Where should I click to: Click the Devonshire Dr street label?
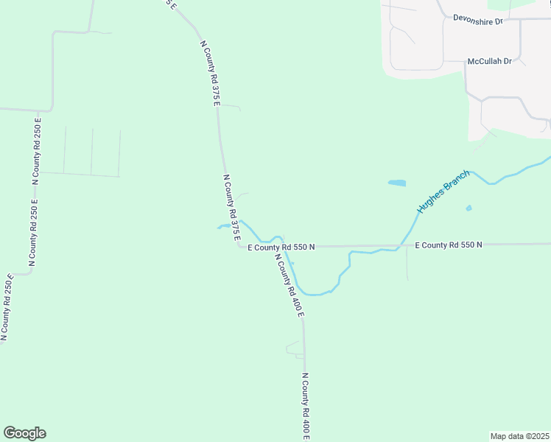(477, 20)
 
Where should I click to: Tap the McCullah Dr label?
(489, 62)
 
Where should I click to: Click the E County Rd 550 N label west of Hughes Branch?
(281, 248)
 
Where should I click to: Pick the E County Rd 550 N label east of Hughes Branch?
(448, 245)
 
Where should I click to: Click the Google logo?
(24, 433)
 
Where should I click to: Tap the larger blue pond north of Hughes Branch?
(397, 183)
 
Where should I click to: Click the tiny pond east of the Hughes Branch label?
(468, 208)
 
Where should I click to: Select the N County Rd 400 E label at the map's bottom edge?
(305, 406)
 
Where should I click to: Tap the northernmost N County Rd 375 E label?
(211, 74)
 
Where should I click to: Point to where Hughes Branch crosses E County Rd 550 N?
(401, 245)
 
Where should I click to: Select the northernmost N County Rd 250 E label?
(37, 150)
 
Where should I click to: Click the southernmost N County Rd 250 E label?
(7, 307)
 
